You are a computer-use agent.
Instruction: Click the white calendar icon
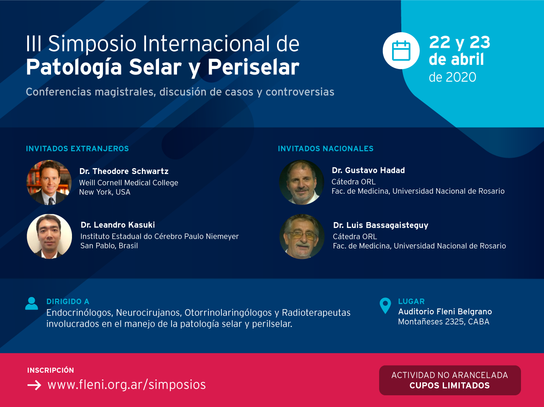pyautogui.click(x=401, y=51)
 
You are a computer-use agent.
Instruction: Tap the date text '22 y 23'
pyautogui.click(x=459, y=42)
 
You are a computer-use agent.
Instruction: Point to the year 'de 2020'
pyautogui.click(x=452, y=77)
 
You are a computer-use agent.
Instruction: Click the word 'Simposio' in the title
pyautogui.click(x=92, y=44)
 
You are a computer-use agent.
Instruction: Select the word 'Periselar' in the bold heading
pyautogui.click(x=254, y=67)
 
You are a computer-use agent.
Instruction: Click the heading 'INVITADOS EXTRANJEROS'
pyautogui.click(x=77, y=148)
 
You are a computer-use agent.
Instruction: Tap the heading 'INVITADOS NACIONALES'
pyautogui.click(x=326, y=148)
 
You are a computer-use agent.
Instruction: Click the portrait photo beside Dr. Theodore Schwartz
pyautogui.click(x=49, y=182)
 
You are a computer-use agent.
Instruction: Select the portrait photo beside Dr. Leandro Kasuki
pyautogui.click(x=49, y=237)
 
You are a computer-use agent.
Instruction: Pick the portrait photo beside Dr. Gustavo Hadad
pyautogui.click(x=302, y=182)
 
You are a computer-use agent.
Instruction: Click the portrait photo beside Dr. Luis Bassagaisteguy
pyautogui.click(x=302, y=237)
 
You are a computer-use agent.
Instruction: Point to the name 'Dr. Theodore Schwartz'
pyautogui.click(x=124, y=171)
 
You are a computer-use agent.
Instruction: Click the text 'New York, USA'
pyautogui.click(x=105, y=192)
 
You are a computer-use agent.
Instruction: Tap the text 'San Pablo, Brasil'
pyautogui.click(x=109, y=246)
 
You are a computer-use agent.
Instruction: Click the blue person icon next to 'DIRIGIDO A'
pyautogui.click(x=32, y=303)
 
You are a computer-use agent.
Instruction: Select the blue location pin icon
pyautogui.click(x=385, y=305)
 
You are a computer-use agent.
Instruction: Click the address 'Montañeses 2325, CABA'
pyautogui.click(x=444, y=322)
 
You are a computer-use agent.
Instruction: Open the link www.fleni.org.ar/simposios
pyautogui.click(x=127, y=385)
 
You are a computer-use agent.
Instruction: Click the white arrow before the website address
pyautogui.click(x=34, y=385)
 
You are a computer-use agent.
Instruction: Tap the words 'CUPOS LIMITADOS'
pyautogui.click(x=449, y=385)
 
